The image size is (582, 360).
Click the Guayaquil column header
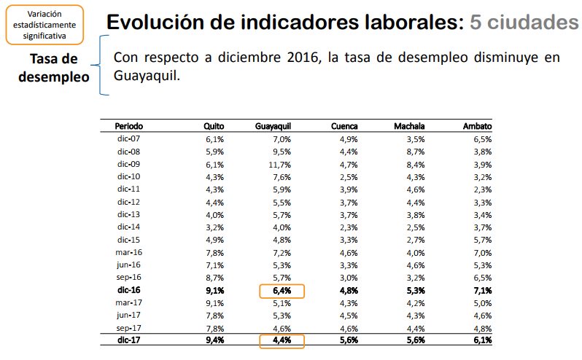point(273,126)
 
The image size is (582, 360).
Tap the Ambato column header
point(477,126)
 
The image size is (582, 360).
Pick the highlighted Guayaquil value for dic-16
point(282,290)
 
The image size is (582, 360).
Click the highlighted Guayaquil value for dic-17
point(282,340)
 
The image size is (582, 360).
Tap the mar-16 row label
point(128,252)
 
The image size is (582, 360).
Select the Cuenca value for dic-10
point(348,176)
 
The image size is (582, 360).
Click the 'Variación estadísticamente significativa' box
point(50,24)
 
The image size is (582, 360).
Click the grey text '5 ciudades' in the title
point(524,22)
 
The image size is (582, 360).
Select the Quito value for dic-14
point(214,227)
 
